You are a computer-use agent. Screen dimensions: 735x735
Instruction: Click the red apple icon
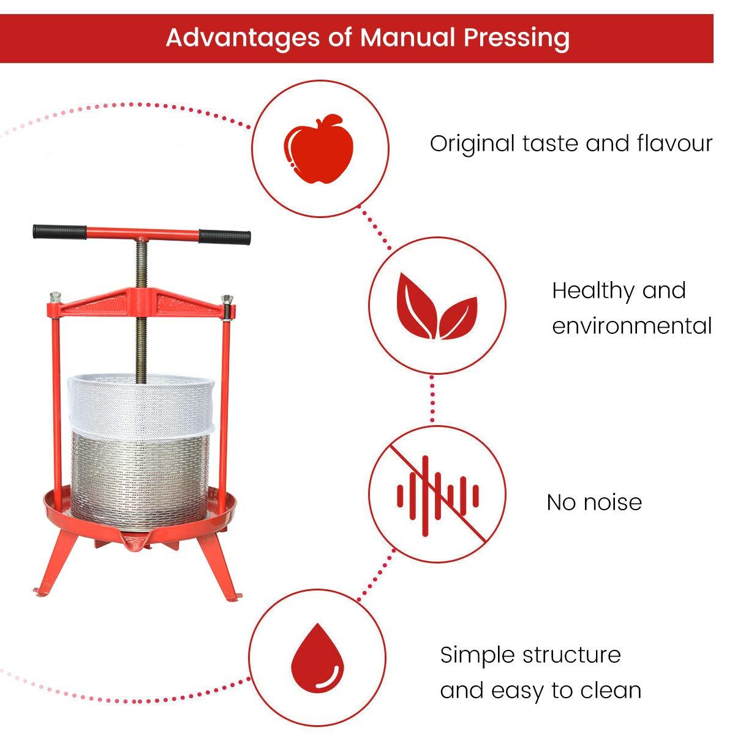[319, 148]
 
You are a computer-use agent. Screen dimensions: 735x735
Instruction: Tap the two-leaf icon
[437, 306]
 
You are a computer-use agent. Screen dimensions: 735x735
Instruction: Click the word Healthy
[592, 290]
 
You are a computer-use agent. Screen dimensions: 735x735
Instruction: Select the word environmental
[631, 325]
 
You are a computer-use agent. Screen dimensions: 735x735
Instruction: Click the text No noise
[594, 502]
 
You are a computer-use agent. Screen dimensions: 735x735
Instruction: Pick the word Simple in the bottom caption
[478, 655]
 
